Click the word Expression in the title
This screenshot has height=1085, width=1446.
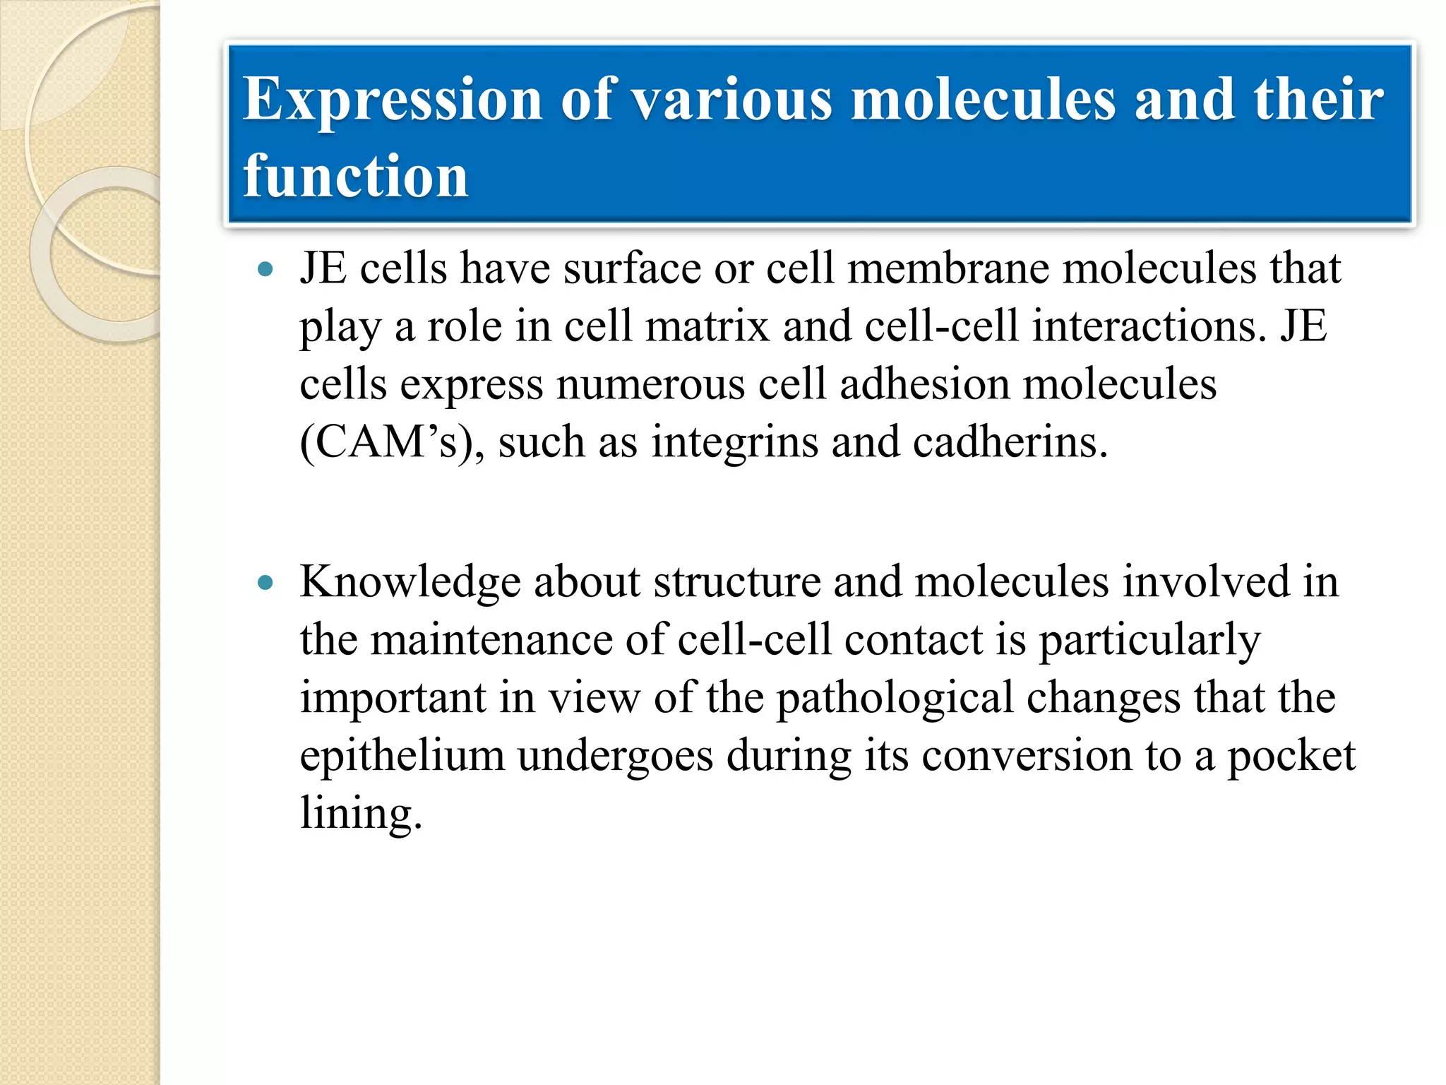click(393, 100)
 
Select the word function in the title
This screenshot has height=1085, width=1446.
click(355, 177)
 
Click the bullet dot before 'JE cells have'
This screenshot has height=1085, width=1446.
click(265, 269)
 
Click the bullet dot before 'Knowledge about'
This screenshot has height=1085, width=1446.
click(265, 583)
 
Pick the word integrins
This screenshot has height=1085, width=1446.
click(734, 444)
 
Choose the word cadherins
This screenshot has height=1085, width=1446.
click(1010, 443)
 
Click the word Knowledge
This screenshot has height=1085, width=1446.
click(410, 583)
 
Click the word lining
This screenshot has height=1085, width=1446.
click(360, 814)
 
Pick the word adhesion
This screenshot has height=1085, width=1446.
click(924, 385)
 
